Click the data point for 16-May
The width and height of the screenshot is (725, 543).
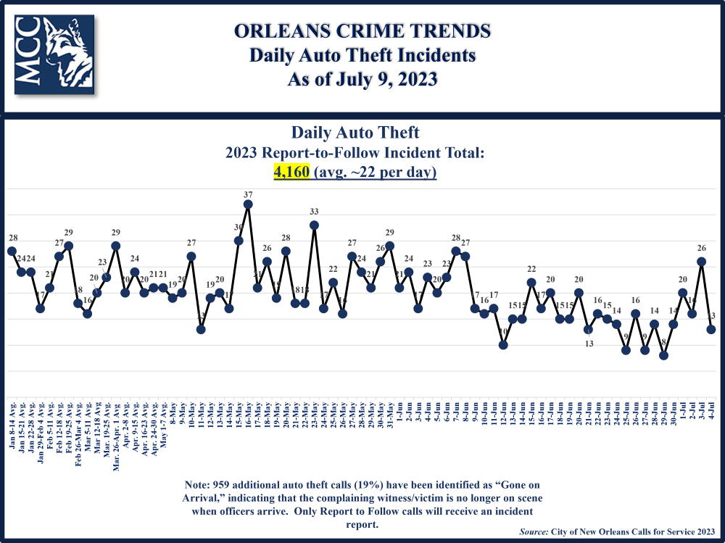248,204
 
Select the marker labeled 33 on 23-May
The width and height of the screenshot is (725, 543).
314,225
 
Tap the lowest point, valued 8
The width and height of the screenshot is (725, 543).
663,355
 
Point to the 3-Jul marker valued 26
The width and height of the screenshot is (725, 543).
701,262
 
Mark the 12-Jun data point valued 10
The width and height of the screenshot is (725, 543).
503,345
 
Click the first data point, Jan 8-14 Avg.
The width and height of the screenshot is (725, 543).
12,251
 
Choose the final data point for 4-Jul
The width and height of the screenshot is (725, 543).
711,329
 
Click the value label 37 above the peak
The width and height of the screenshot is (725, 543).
248,194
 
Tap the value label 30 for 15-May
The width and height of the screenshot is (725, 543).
239,228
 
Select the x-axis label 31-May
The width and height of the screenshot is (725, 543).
390,413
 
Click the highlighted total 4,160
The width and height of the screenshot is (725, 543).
291,173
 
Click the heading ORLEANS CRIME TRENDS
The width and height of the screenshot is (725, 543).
362,31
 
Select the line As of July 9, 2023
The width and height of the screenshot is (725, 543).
362,78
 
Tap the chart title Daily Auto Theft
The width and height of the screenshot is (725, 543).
355,133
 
